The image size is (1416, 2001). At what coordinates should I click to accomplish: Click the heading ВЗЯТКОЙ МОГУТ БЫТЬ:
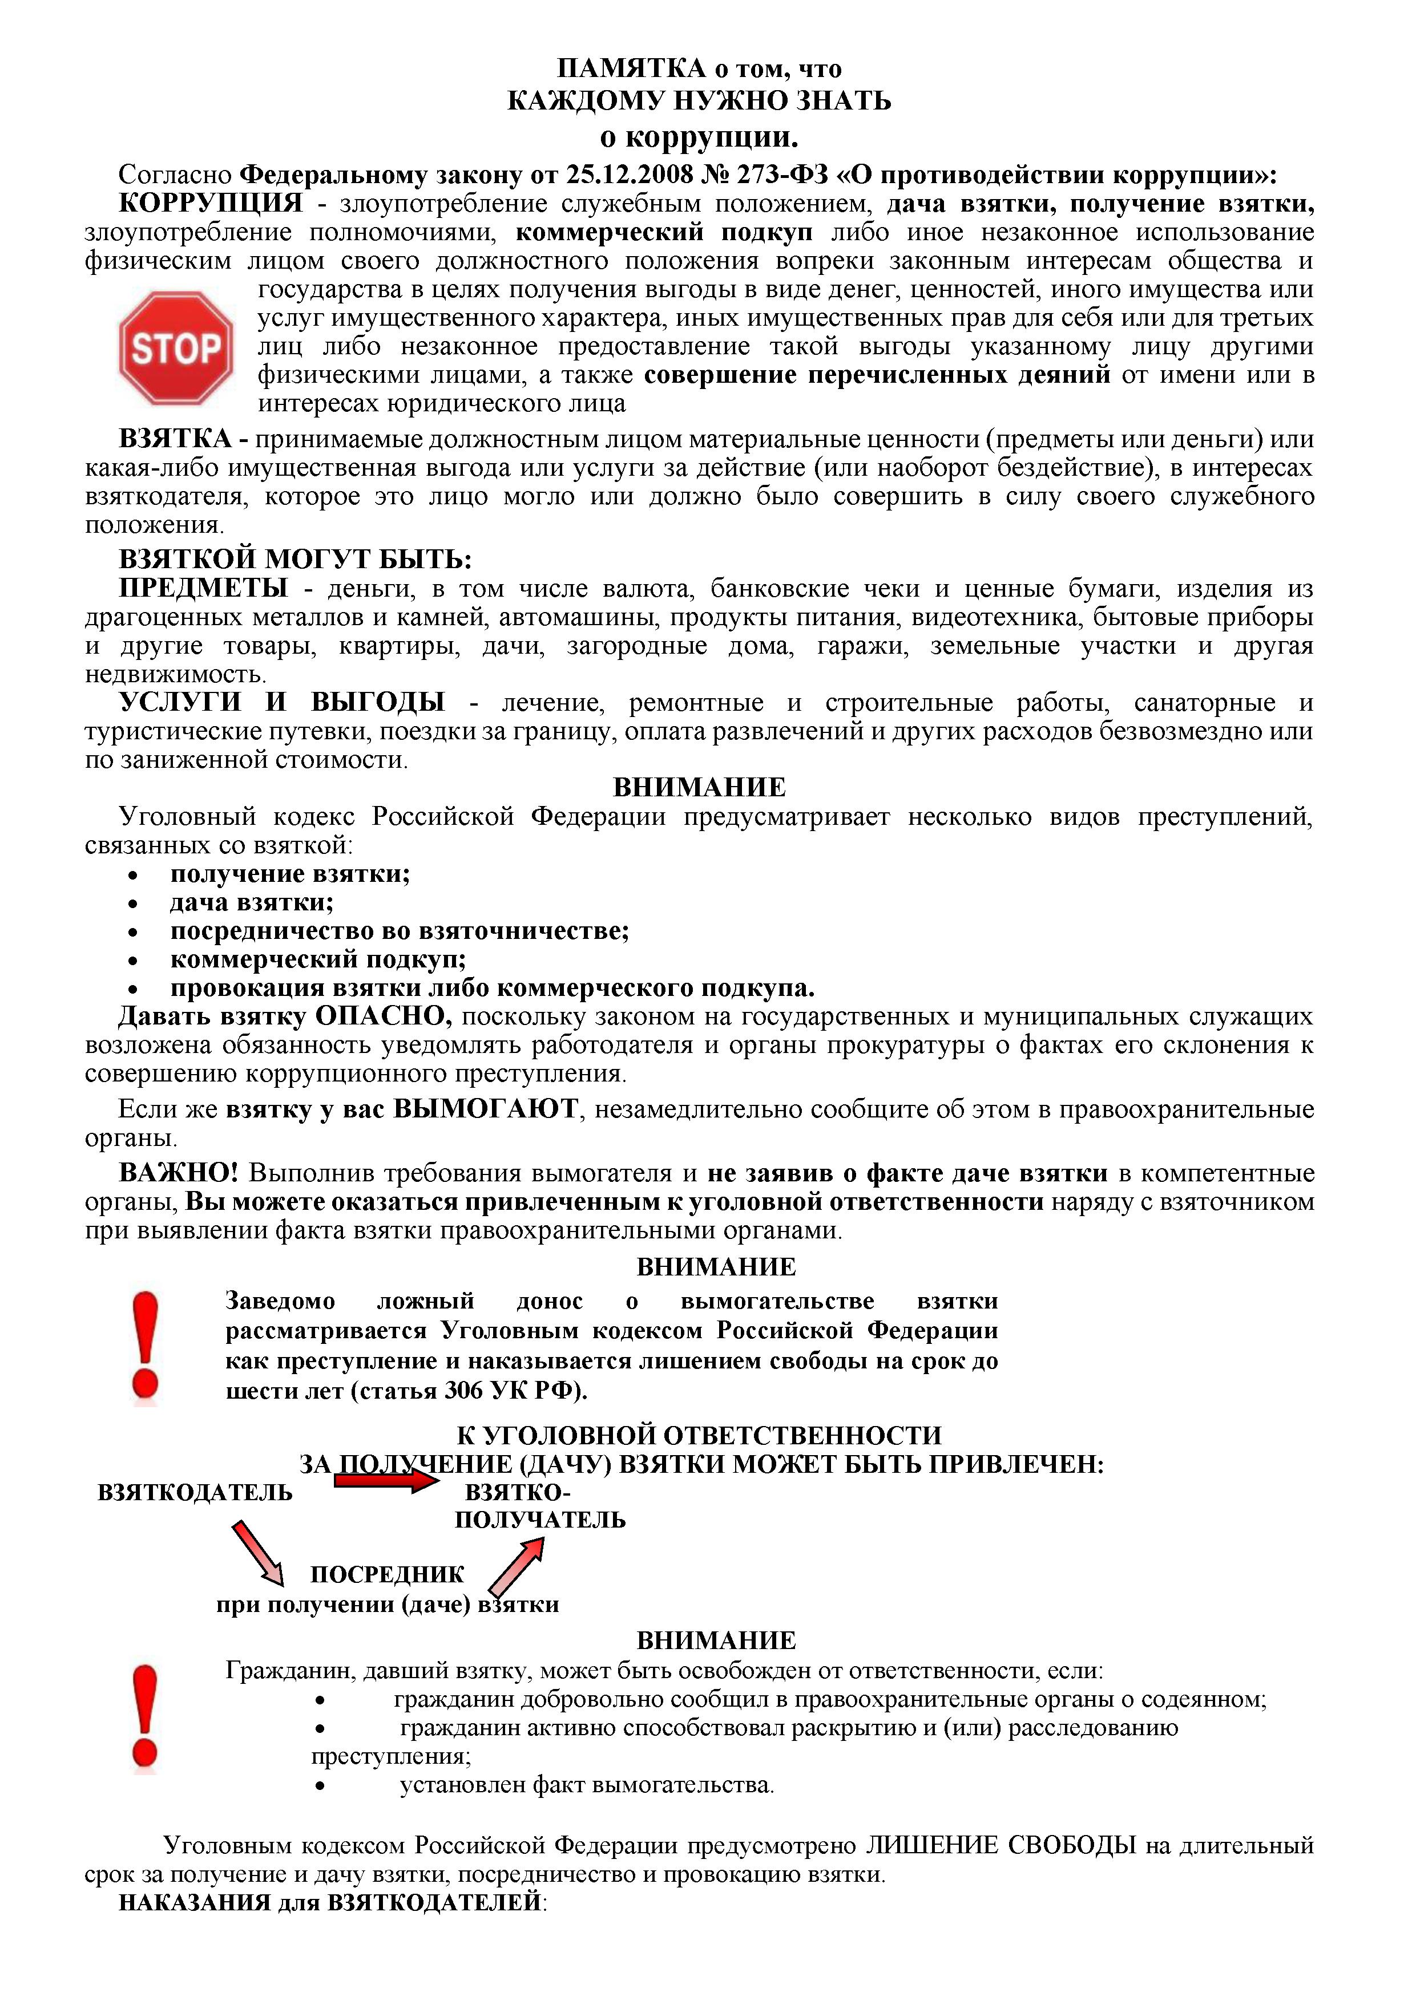tap(295, 558)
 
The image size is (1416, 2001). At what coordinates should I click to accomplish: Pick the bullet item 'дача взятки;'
tap(252, 902)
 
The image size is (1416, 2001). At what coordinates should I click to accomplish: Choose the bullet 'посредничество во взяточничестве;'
tap(400, 931)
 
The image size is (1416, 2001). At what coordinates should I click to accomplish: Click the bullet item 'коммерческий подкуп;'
tap(318, 959)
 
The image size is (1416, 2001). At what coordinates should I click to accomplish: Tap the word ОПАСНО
tap(383, 1016)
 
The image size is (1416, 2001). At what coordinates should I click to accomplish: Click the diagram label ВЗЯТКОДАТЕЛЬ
tap(195, 1492)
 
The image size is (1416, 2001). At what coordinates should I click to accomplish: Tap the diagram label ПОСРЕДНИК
tap(387, 1574)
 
